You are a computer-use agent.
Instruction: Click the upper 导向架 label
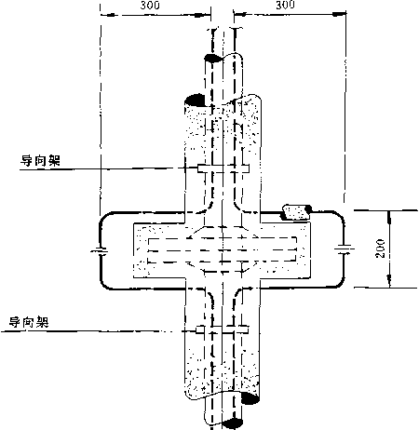coord(40,161)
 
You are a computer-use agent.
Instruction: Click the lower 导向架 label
coord(29,322)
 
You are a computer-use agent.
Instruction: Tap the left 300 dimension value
coord(150,5)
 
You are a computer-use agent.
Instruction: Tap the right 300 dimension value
coord(285,5)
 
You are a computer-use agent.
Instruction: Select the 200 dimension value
coord(380,249)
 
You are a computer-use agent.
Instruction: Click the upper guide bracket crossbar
coord(223,168)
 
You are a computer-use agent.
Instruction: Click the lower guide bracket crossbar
coord(223,330)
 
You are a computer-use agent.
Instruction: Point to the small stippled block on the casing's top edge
coord(296,212)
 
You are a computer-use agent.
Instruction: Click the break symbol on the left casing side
coord(100,250)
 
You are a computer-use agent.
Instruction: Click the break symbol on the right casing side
coord(344,249)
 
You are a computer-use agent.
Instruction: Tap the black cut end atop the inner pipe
coord(213,58)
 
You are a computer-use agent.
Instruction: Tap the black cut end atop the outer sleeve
coord(195,101)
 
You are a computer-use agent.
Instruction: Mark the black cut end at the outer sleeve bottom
coord(250,398)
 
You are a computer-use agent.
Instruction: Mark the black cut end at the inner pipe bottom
coord(232,423)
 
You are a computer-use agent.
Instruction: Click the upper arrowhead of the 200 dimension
coord(389,217)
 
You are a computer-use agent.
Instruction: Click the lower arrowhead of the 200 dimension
coord(389,281)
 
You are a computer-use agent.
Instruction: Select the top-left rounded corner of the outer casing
coord(104,216)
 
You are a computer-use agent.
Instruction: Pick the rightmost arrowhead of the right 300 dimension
coord(339,14)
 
